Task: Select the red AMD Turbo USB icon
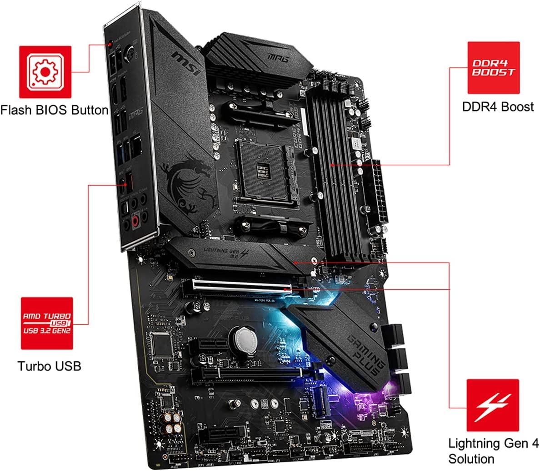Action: click(47, 323)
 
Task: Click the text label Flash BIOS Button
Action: click(54, 110)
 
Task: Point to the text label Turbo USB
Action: click(49, 366)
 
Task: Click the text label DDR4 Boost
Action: click(498, 106)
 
